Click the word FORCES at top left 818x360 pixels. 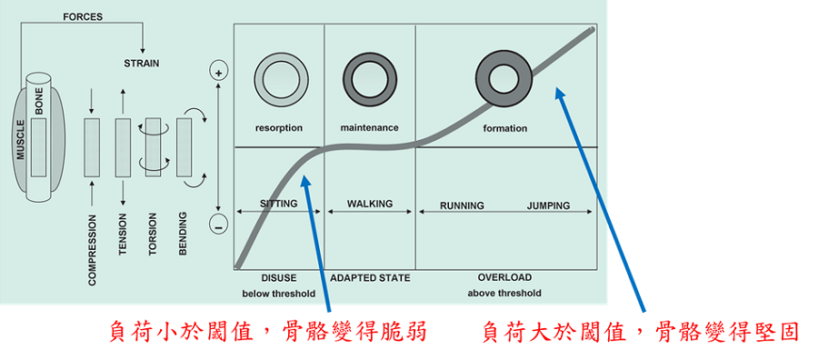82,16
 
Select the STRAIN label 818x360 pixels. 143,63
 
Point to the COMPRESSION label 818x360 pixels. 92,249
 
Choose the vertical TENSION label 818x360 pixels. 123,234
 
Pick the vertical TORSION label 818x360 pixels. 153,235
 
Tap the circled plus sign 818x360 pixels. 218,70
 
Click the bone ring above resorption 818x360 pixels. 278,76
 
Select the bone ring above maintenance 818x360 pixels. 369,76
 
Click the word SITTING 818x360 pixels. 278,204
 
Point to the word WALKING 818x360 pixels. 370,204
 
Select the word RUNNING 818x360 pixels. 462,205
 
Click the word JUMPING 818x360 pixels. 548,205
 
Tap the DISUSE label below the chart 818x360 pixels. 278,277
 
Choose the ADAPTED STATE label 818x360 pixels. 370,277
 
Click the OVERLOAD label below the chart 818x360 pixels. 504,277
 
